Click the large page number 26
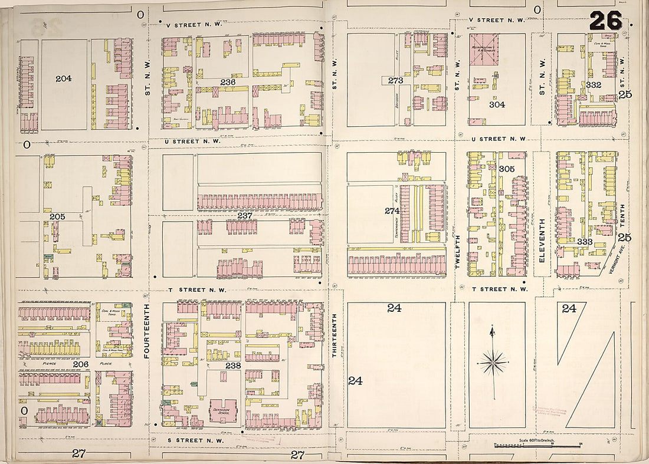605,21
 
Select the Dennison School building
222,407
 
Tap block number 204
63,78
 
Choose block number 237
245,216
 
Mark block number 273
395,80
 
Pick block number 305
506,169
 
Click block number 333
585,242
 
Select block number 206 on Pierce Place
80,364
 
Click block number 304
497,104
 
